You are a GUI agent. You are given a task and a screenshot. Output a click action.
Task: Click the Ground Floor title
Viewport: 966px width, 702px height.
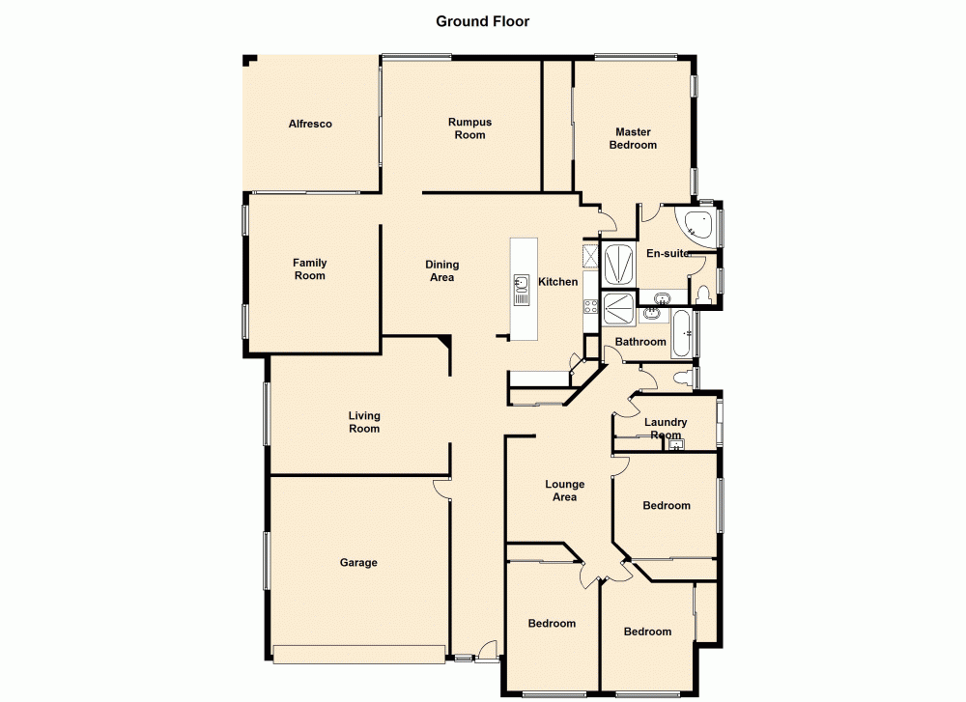pos(482,21)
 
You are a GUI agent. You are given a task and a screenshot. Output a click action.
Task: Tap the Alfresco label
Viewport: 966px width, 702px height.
pos(310,124)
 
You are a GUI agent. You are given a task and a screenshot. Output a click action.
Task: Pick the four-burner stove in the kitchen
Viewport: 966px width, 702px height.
pos(589,308)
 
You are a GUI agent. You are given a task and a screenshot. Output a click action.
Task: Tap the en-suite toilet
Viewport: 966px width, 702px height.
pos(703,294)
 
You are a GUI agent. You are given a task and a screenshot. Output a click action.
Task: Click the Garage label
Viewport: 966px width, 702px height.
pos(357,563)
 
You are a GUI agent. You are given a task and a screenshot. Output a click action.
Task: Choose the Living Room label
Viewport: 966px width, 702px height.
pos(364,422)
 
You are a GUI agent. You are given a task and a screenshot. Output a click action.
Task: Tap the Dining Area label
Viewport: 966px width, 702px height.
pos(441,271)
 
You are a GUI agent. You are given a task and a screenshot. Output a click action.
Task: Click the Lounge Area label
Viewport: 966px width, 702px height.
pos(564,491)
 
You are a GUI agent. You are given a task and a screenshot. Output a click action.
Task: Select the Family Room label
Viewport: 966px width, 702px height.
pos(310,269)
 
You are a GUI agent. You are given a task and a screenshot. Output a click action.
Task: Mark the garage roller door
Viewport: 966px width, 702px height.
pos(359,654)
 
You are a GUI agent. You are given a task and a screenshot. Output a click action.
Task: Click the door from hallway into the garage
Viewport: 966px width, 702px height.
pos(442,488)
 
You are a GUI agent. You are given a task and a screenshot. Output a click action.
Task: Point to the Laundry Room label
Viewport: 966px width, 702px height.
pos(666,428)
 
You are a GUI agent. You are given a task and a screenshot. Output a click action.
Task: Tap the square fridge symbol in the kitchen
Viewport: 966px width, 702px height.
pos(590,255)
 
